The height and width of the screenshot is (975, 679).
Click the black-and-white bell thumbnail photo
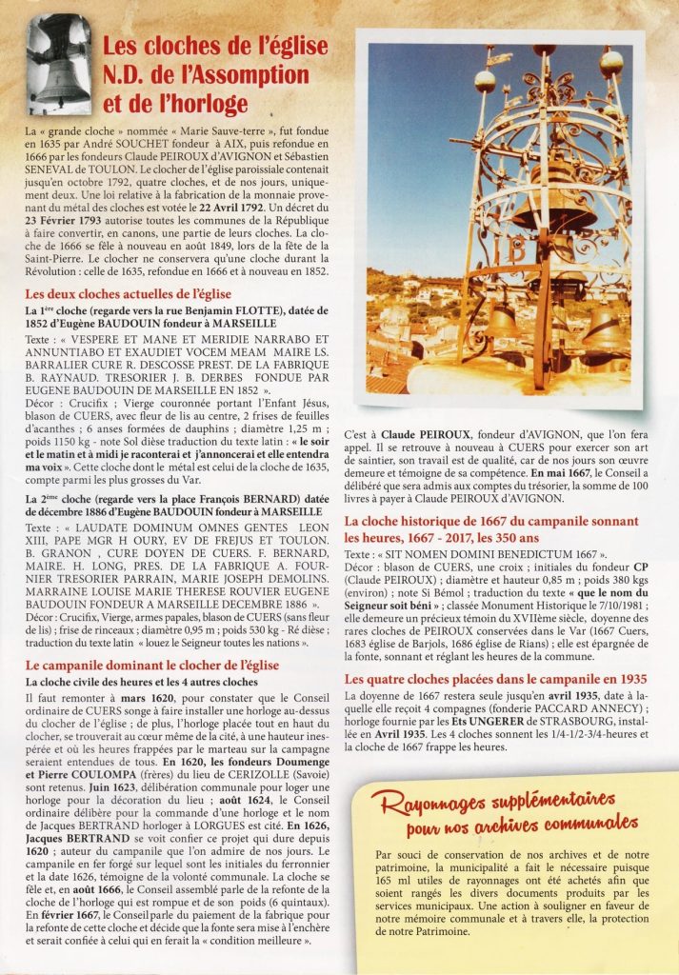coord(58,65)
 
